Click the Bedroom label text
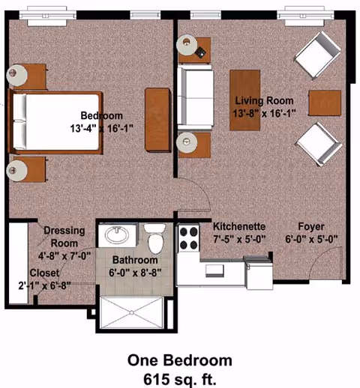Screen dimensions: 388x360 [x=102, y=116]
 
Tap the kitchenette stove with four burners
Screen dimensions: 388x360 [x=187, y=240]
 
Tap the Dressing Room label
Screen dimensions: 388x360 [x=64, y=237]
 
